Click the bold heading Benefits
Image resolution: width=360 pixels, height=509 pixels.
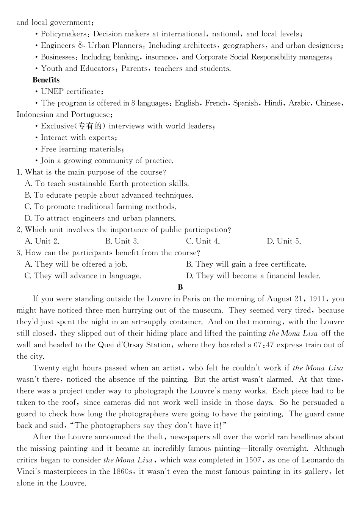46,80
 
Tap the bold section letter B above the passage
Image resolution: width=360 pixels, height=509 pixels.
180,287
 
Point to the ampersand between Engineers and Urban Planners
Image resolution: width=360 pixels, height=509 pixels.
81,45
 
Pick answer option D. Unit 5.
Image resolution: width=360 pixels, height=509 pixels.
283,241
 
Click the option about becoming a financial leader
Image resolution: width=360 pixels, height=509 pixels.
253,276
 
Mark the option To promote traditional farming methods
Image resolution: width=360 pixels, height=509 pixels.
100,207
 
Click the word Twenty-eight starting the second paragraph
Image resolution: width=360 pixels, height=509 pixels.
56,368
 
